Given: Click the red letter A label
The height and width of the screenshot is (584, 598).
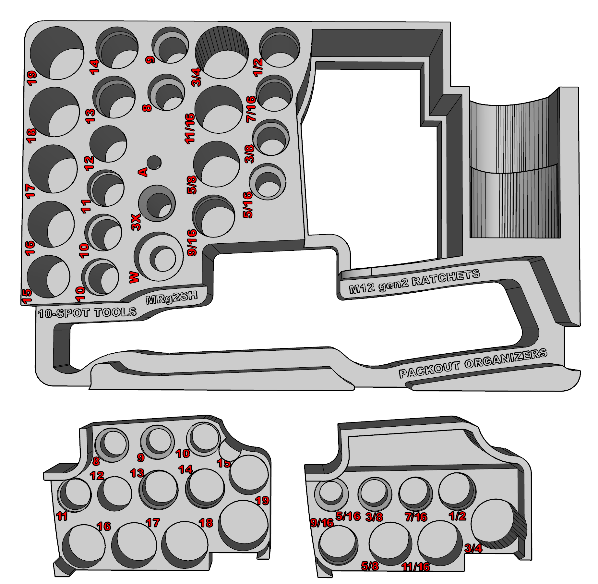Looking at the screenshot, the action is (143, 172).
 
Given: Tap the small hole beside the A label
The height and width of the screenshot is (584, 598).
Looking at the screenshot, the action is (154, 162).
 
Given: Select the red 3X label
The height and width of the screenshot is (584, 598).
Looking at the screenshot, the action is (136, 222).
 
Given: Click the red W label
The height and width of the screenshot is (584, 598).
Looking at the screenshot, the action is (134, 277).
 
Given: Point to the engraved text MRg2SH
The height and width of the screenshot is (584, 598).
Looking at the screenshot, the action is (172, 298).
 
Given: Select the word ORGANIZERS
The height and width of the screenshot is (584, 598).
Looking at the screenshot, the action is (506, 359).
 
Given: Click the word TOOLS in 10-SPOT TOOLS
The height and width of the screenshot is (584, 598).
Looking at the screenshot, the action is (115, 312).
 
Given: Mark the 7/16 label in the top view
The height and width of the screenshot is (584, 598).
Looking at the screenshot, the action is (251, 109).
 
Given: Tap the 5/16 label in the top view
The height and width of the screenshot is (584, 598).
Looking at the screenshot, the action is (247, 205).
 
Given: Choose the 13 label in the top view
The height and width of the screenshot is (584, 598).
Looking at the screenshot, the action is (90, 116).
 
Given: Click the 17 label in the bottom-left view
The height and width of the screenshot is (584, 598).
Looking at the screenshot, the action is (153, 523).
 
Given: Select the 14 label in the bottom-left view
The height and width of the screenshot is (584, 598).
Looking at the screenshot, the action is (185, 469).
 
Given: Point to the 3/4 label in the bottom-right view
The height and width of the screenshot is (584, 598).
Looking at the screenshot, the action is (473, 548).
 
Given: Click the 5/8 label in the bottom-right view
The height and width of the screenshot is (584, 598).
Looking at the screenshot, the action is (370, 566).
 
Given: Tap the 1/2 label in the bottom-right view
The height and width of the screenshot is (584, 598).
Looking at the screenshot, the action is (458, 516).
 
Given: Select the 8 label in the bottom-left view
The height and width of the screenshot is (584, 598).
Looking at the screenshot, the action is (96, 461).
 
